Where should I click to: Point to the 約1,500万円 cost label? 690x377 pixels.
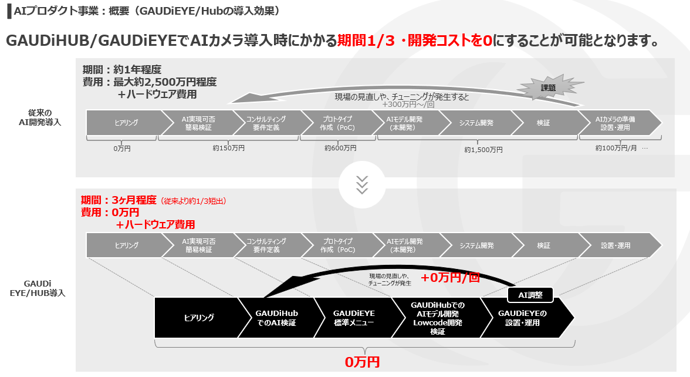coord(483,150)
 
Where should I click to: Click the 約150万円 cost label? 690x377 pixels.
coord(228,149)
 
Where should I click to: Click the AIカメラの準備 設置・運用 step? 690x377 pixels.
coord(618,123)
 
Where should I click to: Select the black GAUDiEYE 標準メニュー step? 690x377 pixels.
coord(354,318)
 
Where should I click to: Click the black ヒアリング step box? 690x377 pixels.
coord(197,318)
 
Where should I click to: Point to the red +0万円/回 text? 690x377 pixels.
coord(450,278)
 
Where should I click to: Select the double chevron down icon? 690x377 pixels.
coord(362,184)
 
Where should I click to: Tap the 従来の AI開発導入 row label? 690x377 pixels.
coord(40,117)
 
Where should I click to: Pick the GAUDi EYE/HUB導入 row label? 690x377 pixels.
coord(40,288)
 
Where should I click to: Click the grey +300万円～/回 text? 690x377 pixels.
coord(408,105)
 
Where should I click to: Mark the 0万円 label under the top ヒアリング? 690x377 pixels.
coord(122,149)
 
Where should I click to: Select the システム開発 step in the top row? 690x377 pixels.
coord(476,123)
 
